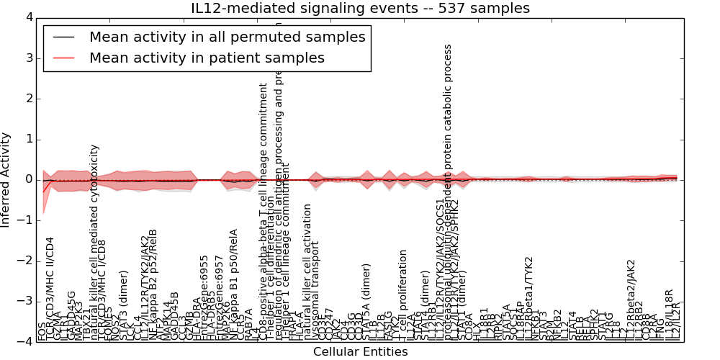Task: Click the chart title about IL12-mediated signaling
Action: (360, 9)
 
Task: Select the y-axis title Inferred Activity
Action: (6, 179)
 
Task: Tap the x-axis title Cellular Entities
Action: (360, 352)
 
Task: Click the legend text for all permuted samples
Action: (228, 37)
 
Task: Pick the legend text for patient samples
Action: (207, 58)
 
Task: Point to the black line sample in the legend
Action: (63, 37)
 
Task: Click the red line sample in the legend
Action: (63, 58)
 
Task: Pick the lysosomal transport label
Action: (317, 295)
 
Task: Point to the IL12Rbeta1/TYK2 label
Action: (529, 299)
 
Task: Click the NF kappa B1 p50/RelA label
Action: (233, 284)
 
